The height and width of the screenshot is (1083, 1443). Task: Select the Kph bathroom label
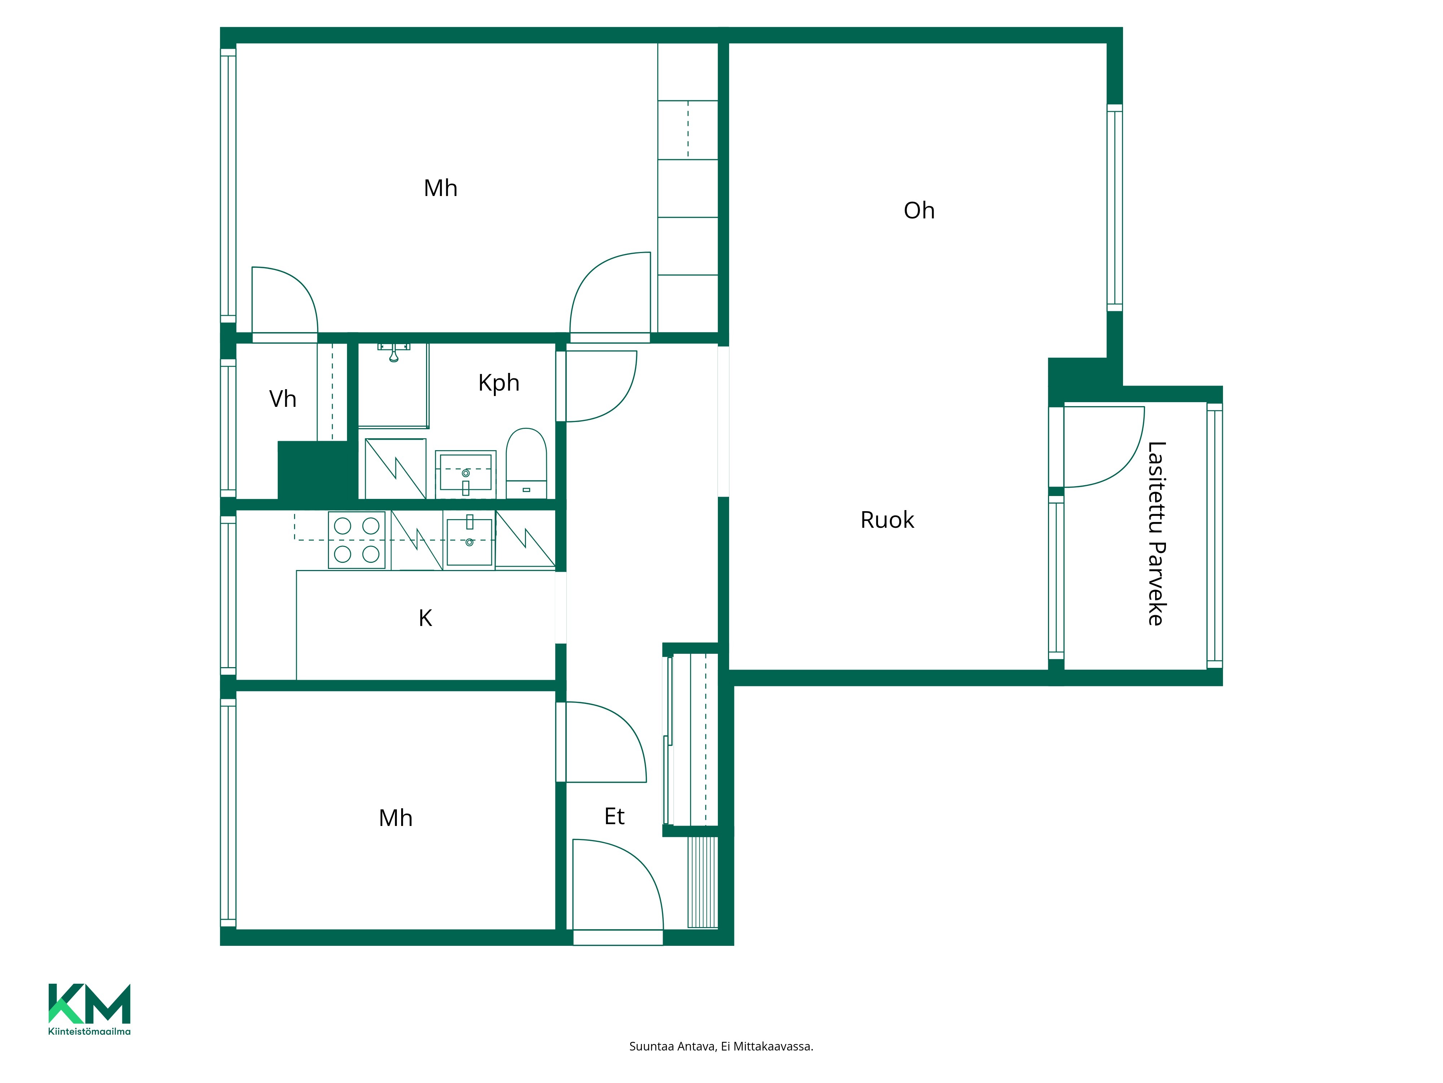click(499, 383)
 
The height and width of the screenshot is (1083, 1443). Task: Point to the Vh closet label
click(282, 399)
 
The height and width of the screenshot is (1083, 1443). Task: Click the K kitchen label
click(425, 618)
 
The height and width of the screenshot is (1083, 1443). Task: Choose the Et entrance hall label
click(614, 816)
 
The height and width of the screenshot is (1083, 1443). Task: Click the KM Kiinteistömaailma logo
click(89, 1009)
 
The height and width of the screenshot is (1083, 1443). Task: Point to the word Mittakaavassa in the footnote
click(773, 1047)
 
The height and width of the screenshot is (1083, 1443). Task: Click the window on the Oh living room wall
click(1115, 208)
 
